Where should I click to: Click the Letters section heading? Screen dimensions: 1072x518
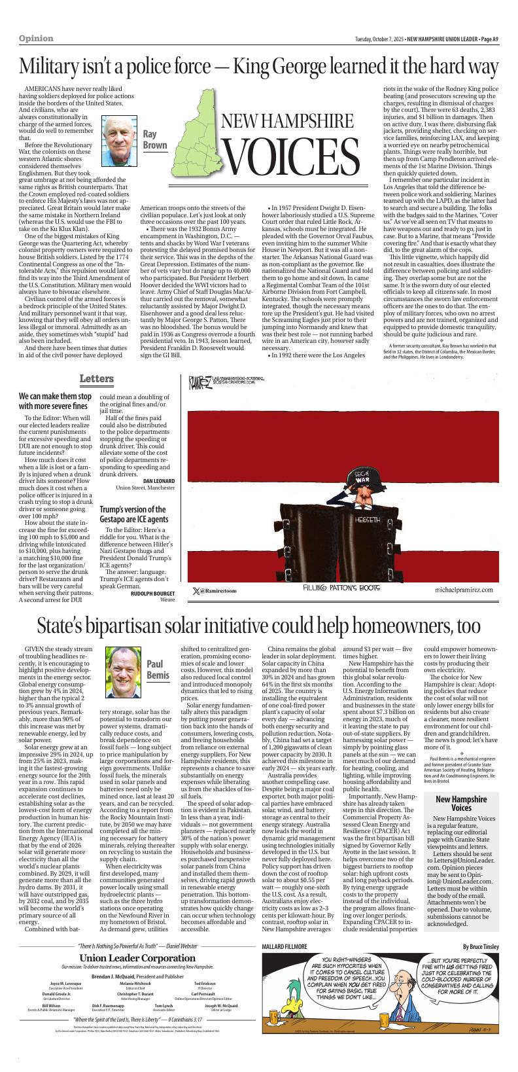pyautogui.click(x=97, y=379)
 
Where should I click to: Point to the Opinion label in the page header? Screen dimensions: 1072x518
pyautogui.click(x=36, y=39)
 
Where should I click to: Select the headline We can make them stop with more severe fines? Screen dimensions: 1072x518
pyautogui.click(x=55, y=401)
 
